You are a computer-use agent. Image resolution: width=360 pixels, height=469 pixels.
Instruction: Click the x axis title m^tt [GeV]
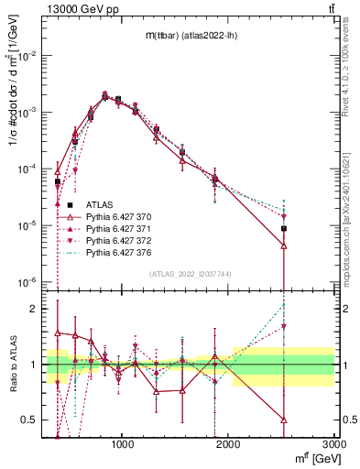point(312,458)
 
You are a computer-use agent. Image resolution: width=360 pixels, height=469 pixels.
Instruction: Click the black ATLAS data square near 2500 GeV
point(284,228)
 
